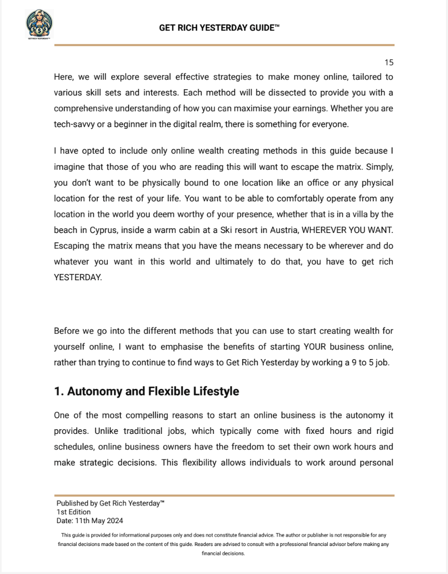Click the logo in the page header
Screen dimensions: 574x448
pos(39,24)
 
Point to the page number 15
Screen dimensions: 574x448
pos(389,63)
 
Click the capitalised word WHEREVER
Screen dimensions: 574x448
pos(332,229)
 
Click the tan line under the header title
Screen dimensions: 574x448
pos(224,45)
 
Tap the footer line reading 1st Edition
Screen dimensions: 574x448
pos(74,512)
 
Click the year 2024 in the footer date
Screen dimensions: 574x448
pos(114,521)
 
